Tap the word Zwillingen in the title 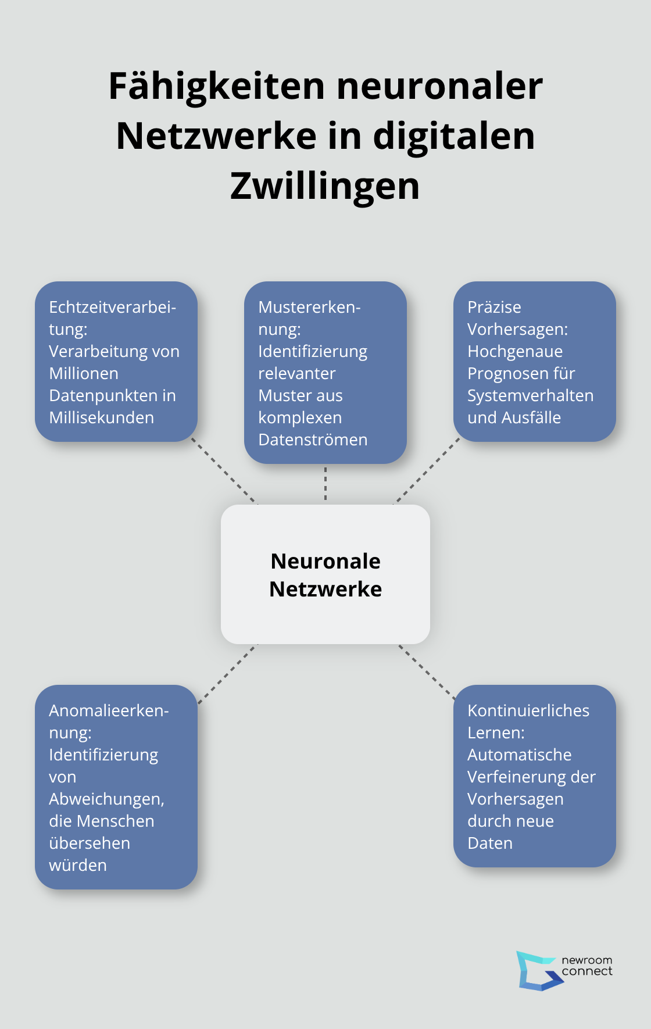[x=325, y=186]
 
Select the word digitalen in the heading [x=454, y=136]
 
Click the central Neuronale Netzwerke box [x=325, y=574]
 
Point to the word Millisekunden [x=102, y=417]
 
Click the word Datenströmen [x=313, y=440]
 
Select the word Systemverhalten [x=531, y=395]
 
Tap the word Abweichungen [x=106, y=799]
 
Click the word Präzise [x=495, y=307]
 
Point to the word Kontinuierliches [x=528, y=710]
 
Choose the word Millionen [x=84, y=373]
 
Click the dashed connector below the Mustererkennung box [x=325, y=484]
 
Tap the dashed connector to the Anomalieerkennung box [x=227, y=674]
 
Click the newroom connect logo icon [x=539, y=970]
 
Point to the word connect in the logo [x=587, y=971]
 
